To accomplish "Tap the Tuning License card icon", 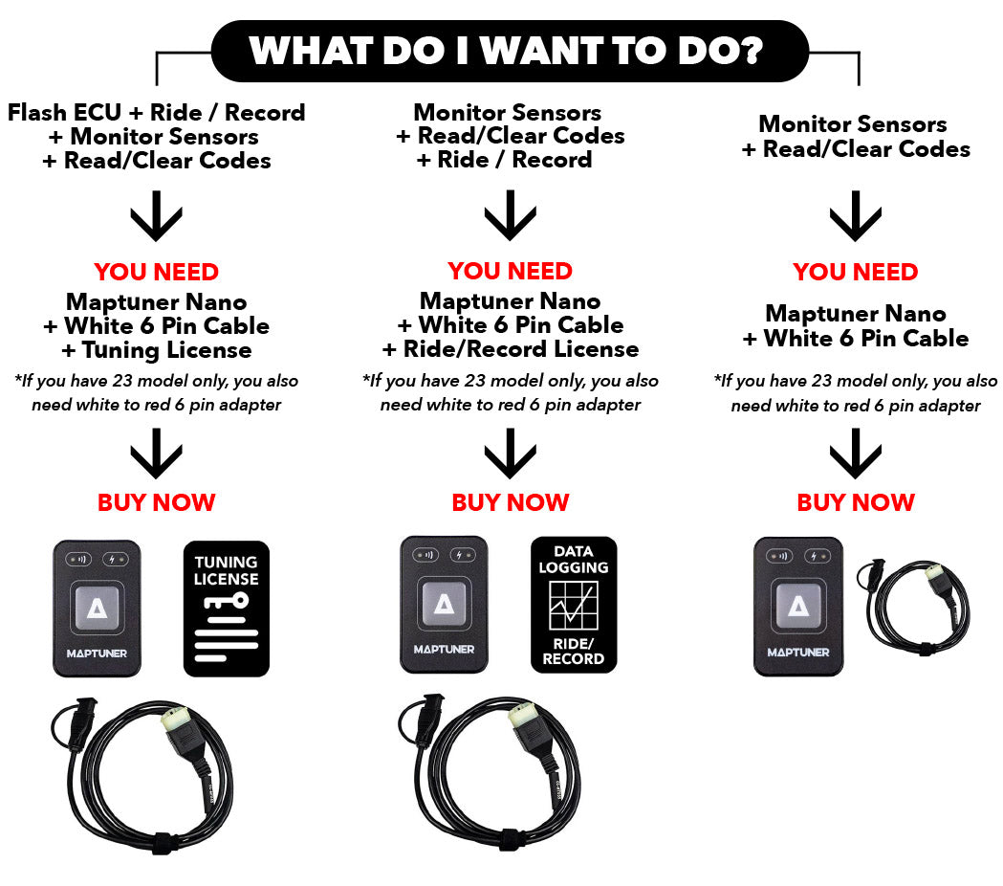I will coord(226,609).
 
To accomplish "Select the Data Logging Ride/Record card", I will coord(573,604).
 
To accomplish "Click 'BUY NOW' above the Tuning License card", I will coord(157,502).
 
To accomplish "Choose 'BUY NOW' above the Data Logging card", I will coord(511,502).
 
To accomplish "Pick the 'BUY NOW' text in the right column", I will coord(856,502).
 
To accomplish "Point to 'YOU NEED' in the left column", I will coord(157,272).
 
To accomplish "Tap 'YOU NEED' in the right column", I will coord(856,272).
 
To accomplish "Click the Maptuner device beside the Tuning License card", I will coord(97,609).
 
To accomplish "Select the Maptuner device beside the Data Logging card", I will coord(444,603).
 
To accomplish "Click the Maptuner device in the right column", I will coord(798,607).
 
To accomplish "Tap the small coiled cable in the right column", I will coord(919,603).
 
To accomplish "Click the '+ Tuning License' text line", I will coord(157,350).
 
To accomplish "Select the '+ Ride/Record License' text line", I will coord(511,349).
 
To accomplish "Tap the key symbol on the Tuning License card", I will coord(227,602).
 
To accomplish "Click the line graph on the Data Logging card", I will coord(574,606).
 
